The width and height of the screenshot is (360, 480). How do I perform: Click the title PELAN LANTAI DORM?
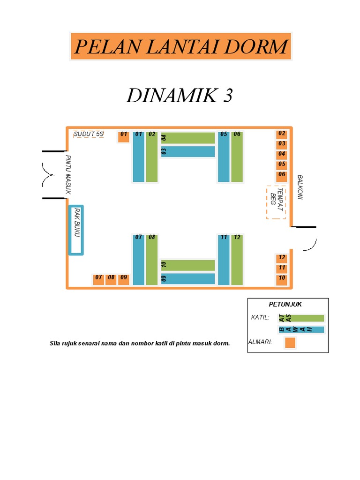coord(180,46)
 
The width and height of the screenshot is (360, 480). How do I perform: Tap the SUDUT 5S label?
coord(89,134)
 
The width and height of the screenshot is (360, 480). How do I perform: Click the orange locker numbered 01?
coord(123,136)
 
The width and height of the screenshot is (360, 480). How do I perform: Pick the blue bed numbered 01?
coord(138,157)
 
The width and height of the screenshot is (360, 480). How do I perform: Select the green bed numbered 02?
coord(152,157)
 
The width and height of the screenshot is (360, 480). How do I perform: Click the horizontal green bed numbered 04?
coord(188,138)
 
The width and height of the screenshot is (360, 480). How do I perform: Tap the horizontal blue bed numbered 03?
coord(188,151)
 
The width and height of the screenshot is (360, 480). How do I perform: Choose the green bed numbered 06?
coord(237,157)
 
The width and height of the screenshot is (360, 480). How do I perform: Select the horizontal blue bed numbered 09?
coord(188,278)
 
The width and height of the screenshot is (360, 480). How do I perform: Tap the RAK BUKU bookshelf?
coord(76,230)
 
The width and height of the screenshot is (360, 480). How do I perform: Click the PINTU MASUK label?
coord(68,174)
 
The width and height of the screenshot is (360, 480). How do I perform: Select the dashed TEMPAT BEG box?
coord(276,202)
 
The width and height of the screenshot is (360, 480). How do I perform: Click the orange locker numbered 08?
coord(111,279)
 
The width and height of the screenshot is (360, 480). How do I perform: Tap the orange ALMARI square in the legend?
coord(290,343)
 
